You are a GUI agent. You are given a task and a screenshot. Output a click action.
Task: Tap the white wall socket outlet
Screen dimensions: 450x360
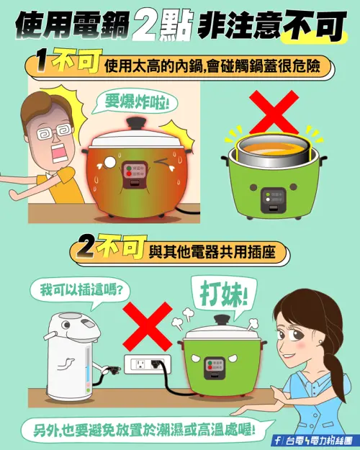click(148, 364)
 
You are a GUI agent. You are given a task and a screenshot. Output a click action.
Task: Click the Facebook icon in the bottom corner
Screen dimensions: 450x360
click(277, 439)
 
